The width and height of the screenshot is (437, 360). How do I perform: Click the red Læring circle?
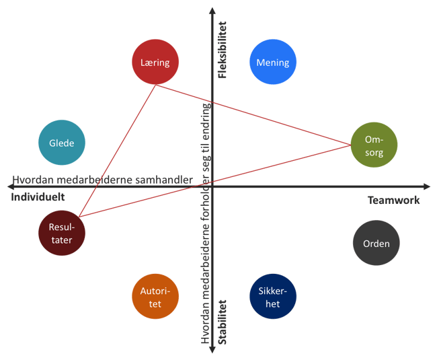pyautogui.click(x=155, y=63)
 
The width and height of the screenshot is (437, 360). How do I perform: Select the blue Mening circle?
pyautogui.click(x=273, y=63)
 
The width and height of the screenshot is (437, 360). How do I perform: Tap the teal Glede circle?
pyautogui.click(x=61, y=143)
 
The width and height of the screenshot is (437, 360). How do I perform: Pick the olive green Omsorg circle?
pyautogui.click(x=374, y=145)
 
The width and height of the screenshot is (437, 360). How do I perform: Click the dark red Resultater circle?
pyautogui.click(x=62, y=233)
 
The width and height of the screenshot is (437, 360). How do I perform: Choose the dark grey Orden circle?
pyautogui.click(x=376, y=244)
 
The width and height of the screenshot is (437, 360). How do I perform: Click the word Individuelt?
pyautogui.click(x=38, y=198)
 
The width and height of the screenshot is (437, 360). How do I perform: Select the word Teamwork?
pyautogui.click(x=393, y=200)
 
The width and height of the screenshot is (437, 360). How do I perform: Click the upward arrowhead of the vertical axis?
pyautogui.click(x=212, y=11)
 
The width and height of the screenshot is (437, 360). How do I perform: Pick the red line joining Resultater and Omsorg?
pyautogui.click(x=215, y=180)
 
